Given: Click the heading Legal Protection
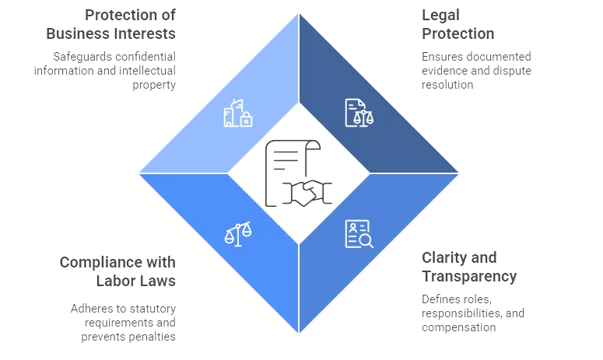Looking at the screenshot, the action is (x=458, y=25).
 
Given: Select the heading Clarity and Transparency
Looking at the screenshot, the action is (x=468, y=267).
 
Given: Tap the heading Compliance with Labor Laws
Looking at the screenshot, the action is (x=117, y=271).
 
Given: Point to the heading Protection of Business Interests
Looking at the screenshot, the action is (x=111, y=25).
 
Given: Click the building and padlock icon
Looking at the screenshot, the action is (x=238, y=114).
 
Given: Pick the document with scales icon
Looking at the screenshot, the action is (x=359, y=113).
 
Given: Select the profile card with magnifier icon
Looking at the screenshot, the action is (x=359, y=233).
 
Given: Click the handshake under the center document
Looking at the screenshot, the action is (x=299, y=192).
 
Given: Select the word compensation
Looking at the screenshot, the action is (x=458, y=327).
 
